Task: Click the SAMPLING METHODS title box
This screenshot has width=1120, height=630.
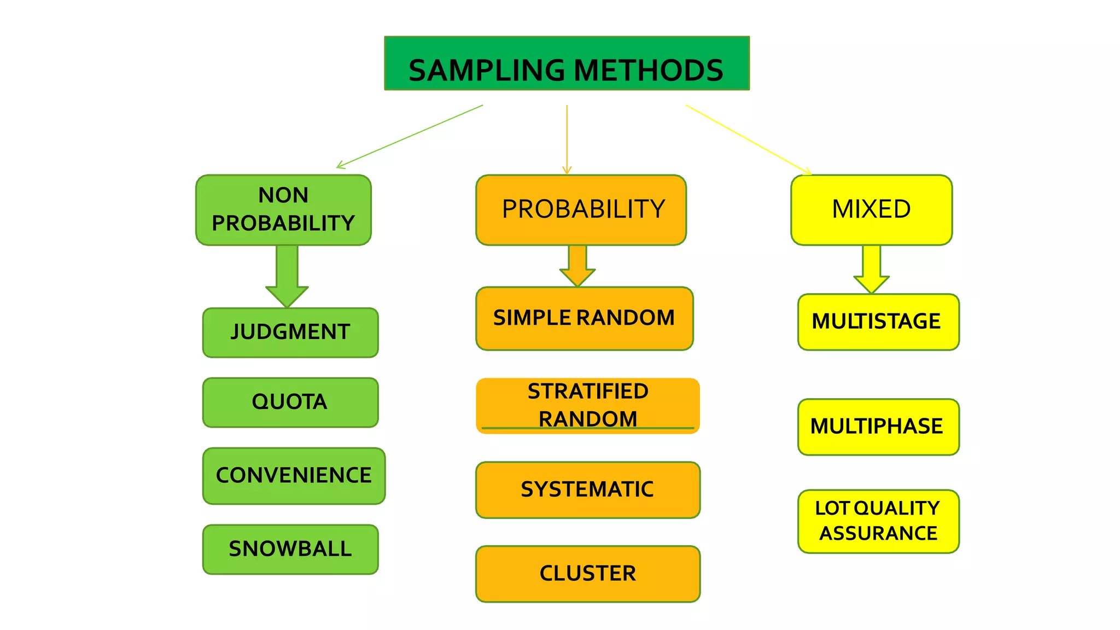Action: coord(567,63)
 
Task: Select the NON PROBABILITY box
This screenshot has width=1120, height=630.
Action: coord(283,210)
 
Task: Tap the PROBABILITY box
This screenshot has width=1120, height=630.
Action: coord(581,210)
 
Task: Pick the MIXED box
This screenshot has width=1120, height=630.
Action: coord(871,210)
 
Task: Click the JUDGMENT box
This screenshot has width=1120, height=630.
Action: coord(290,332)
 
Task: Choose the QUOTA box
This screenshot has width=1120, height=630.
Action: coord(290,402)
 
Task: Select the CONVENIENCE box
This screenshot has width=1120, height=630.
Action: coord(294,476)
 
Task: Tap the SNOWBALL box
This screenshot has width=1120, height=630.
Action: coord(290,549)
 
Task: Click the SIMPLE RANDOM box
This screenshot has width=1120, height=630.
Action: coord(584,318)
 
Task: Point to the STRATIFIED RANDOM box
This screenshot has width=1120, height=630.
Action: coord(587,406)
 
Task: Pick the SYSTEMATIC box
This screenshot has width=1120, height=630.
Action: coord(587,489)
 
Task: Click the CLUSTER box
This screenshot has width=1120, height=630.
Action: coord(587,574)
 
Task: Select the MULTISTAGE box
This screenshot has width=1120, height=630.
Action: coord(878,322)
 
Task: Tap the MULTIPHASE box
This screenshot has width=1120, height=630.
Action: coord(878,427)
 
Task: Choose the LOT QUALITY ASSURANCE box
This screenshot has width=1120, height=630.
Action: coord(878,521)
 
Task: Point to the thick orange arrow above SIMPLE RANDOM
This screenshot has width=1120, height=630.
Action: coord(577,265)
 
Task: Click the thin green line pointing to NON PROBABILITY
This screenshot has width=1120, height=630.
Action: coord(410,136)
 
